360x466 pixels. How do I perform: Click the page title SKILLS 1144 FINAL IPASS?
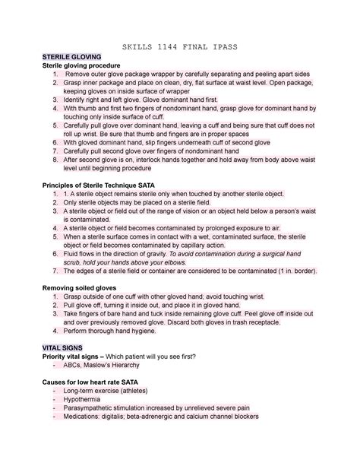coord(180,46)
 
